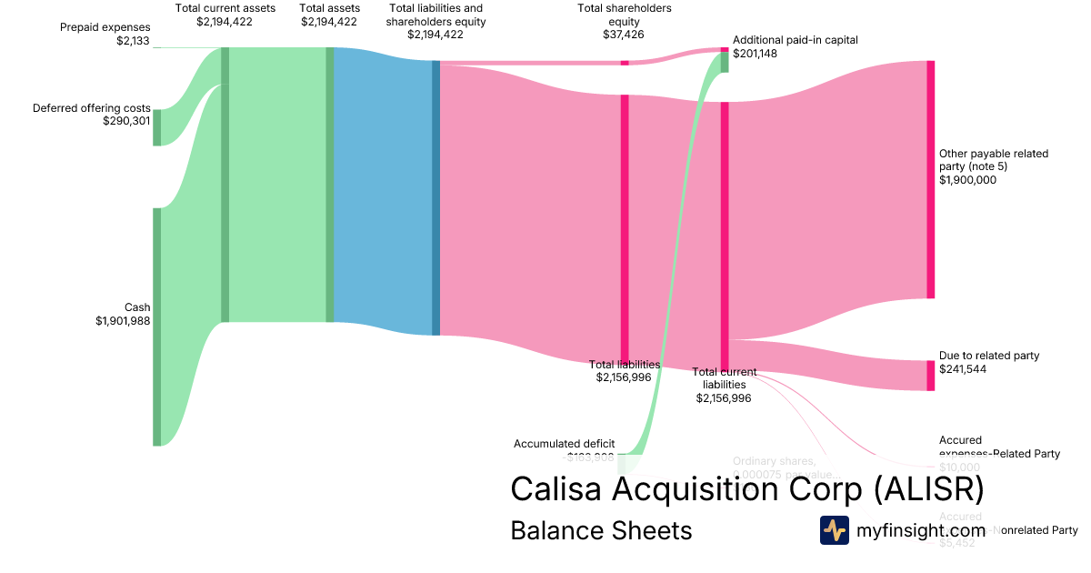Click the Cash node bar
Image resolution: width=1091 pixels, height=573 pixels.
[156, 327]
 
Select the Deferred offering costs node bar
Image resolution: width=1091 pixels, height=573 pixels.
[156, 127]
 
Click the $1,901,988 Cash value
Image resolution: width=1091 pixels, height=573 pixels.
[123, 320]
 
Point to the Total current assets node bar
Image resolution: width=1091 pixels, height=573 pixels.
[225, 185]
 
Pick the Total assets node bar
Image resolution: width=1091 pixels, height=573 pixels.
[330, 185]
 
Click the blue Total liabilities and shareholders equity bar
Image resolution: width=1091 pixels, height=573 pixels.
[435, 198]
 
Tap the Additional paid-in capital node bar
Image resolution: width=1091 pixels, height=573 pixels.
[725, 61]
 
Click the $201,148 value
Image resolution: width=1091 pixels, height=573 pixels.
[755, 54]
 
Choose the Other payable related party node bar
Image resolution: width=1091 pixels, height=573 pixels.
[930, 179]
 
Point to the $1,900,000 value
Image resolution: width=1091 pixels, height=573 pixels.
[967, 180]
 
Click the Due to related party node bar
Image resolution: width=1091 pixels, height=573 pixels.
[930, 376]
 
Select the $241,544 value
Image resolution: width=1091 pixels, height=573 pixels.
[963, 369]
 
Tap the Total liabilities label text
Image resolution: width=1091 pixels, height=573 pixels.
[625, 364]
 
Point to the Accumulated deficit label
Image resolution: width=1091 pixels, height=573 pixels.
[564, 444]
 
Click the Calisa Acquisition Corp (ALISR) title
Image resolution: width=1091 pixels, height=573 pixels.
[746, 488]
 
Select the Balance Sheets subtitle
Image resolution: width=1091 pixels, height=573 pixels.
[601, 530]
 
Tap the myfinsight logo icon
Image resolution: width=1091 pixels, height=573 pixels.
[834, 530]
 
